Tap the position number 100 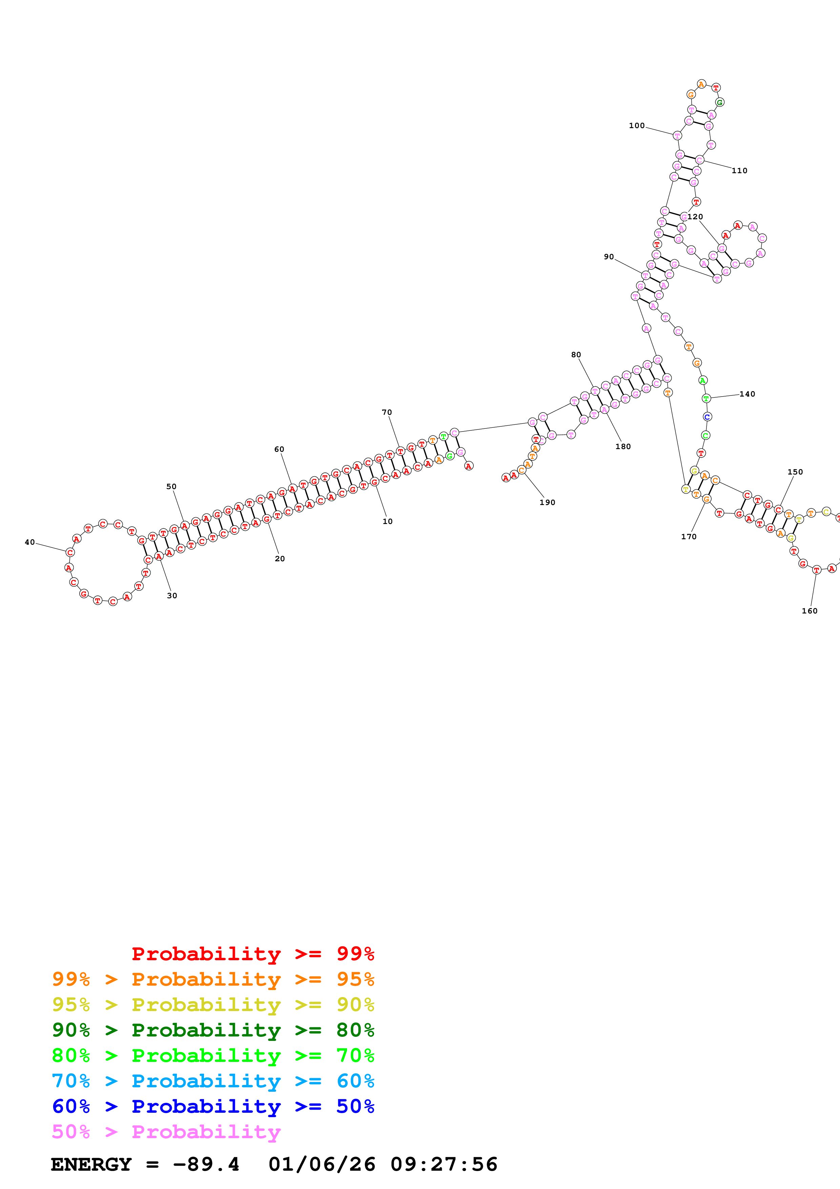(x=637, y=125)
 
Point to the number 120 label (x=695, y=217)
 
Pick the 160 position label (x=810, y=611)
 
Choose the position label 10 (x=388, y=522)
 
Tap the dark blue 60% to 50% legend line (x=213, y=1106)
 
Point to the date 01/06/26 (x=322, y=1164)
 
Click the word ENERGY (x=91, y=1164)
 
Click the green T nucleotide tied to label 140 (x=706, y=398)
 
